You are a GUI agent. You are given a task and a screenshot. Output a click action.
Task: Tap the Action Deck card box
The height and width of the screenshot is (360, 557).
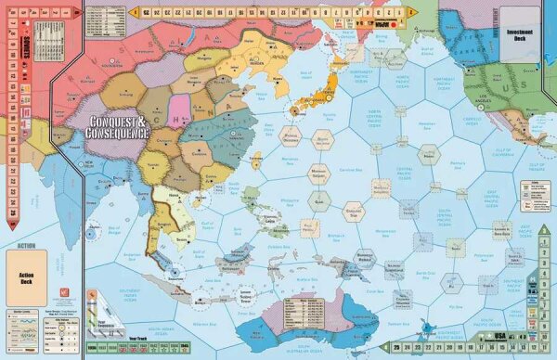pos(35,277)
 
